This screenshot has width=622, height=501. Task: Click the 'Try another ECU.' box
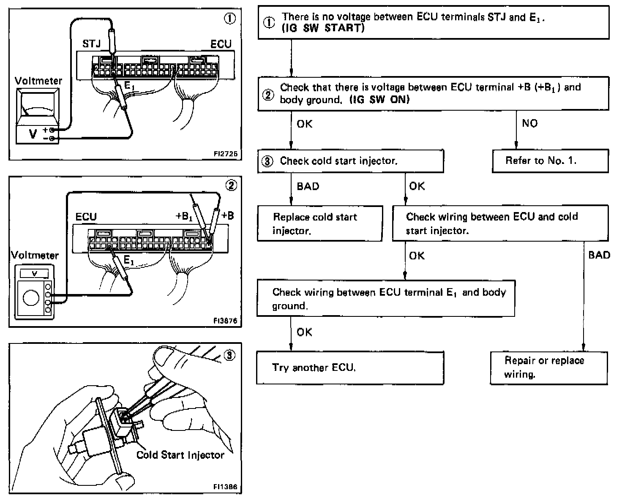coord(350,368)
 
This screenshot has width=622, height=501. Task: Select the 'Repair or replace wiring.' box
coord(549,368)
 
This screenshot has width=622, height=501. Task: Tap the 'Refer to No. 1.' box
coord(550,161)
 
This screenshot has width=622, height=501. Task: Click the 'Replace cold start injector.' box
coord(320,223)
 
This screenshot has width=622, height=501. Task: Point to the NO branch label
coord(529,123)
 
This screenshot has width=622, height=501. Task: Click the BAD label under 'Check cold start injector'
coord(308,186)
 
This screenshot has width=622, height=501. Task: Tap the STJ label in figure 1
coord(91,44)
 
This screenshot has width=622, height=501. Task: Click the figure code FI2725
coord(226,154)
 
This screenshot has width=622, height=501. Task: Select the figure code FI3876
coord(225,321)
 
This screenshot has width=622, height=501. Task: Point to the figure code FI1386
coord(225,487)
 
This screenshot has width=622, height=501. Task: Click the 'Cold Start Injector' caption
coord(180,455)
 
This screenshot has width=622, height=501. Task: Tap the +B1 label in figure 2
coord(184,216)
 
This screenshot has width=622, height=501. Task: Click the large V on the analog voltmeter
coord(33,134)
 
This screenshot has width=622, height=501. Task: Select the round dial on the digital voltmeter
coord(31,297)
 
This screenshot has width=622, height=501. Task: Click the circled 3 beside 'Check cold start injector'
coord(267,161)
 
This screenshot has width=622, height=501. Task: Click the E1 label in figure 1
coord(129,86)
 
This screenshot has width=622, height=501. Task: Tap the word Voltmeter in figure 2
coord(35,256)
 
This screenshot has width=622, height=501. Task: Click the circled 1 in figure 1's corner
coord(230,19)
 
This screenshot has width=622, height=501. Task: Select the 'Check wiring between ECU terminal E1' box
coord(386,298)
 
